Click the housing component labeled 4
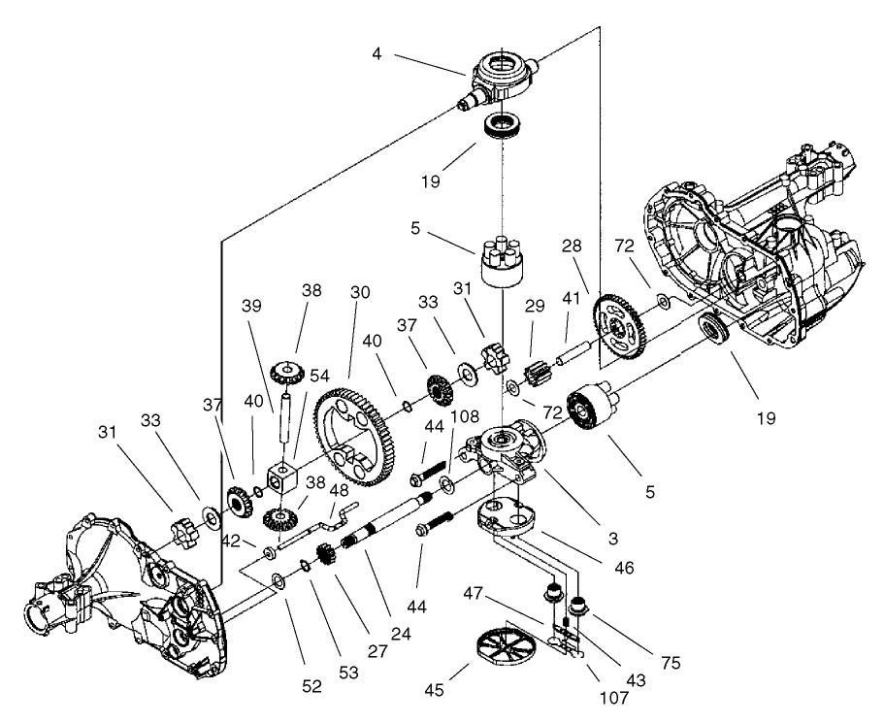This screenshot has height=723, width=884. (504, 79)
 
